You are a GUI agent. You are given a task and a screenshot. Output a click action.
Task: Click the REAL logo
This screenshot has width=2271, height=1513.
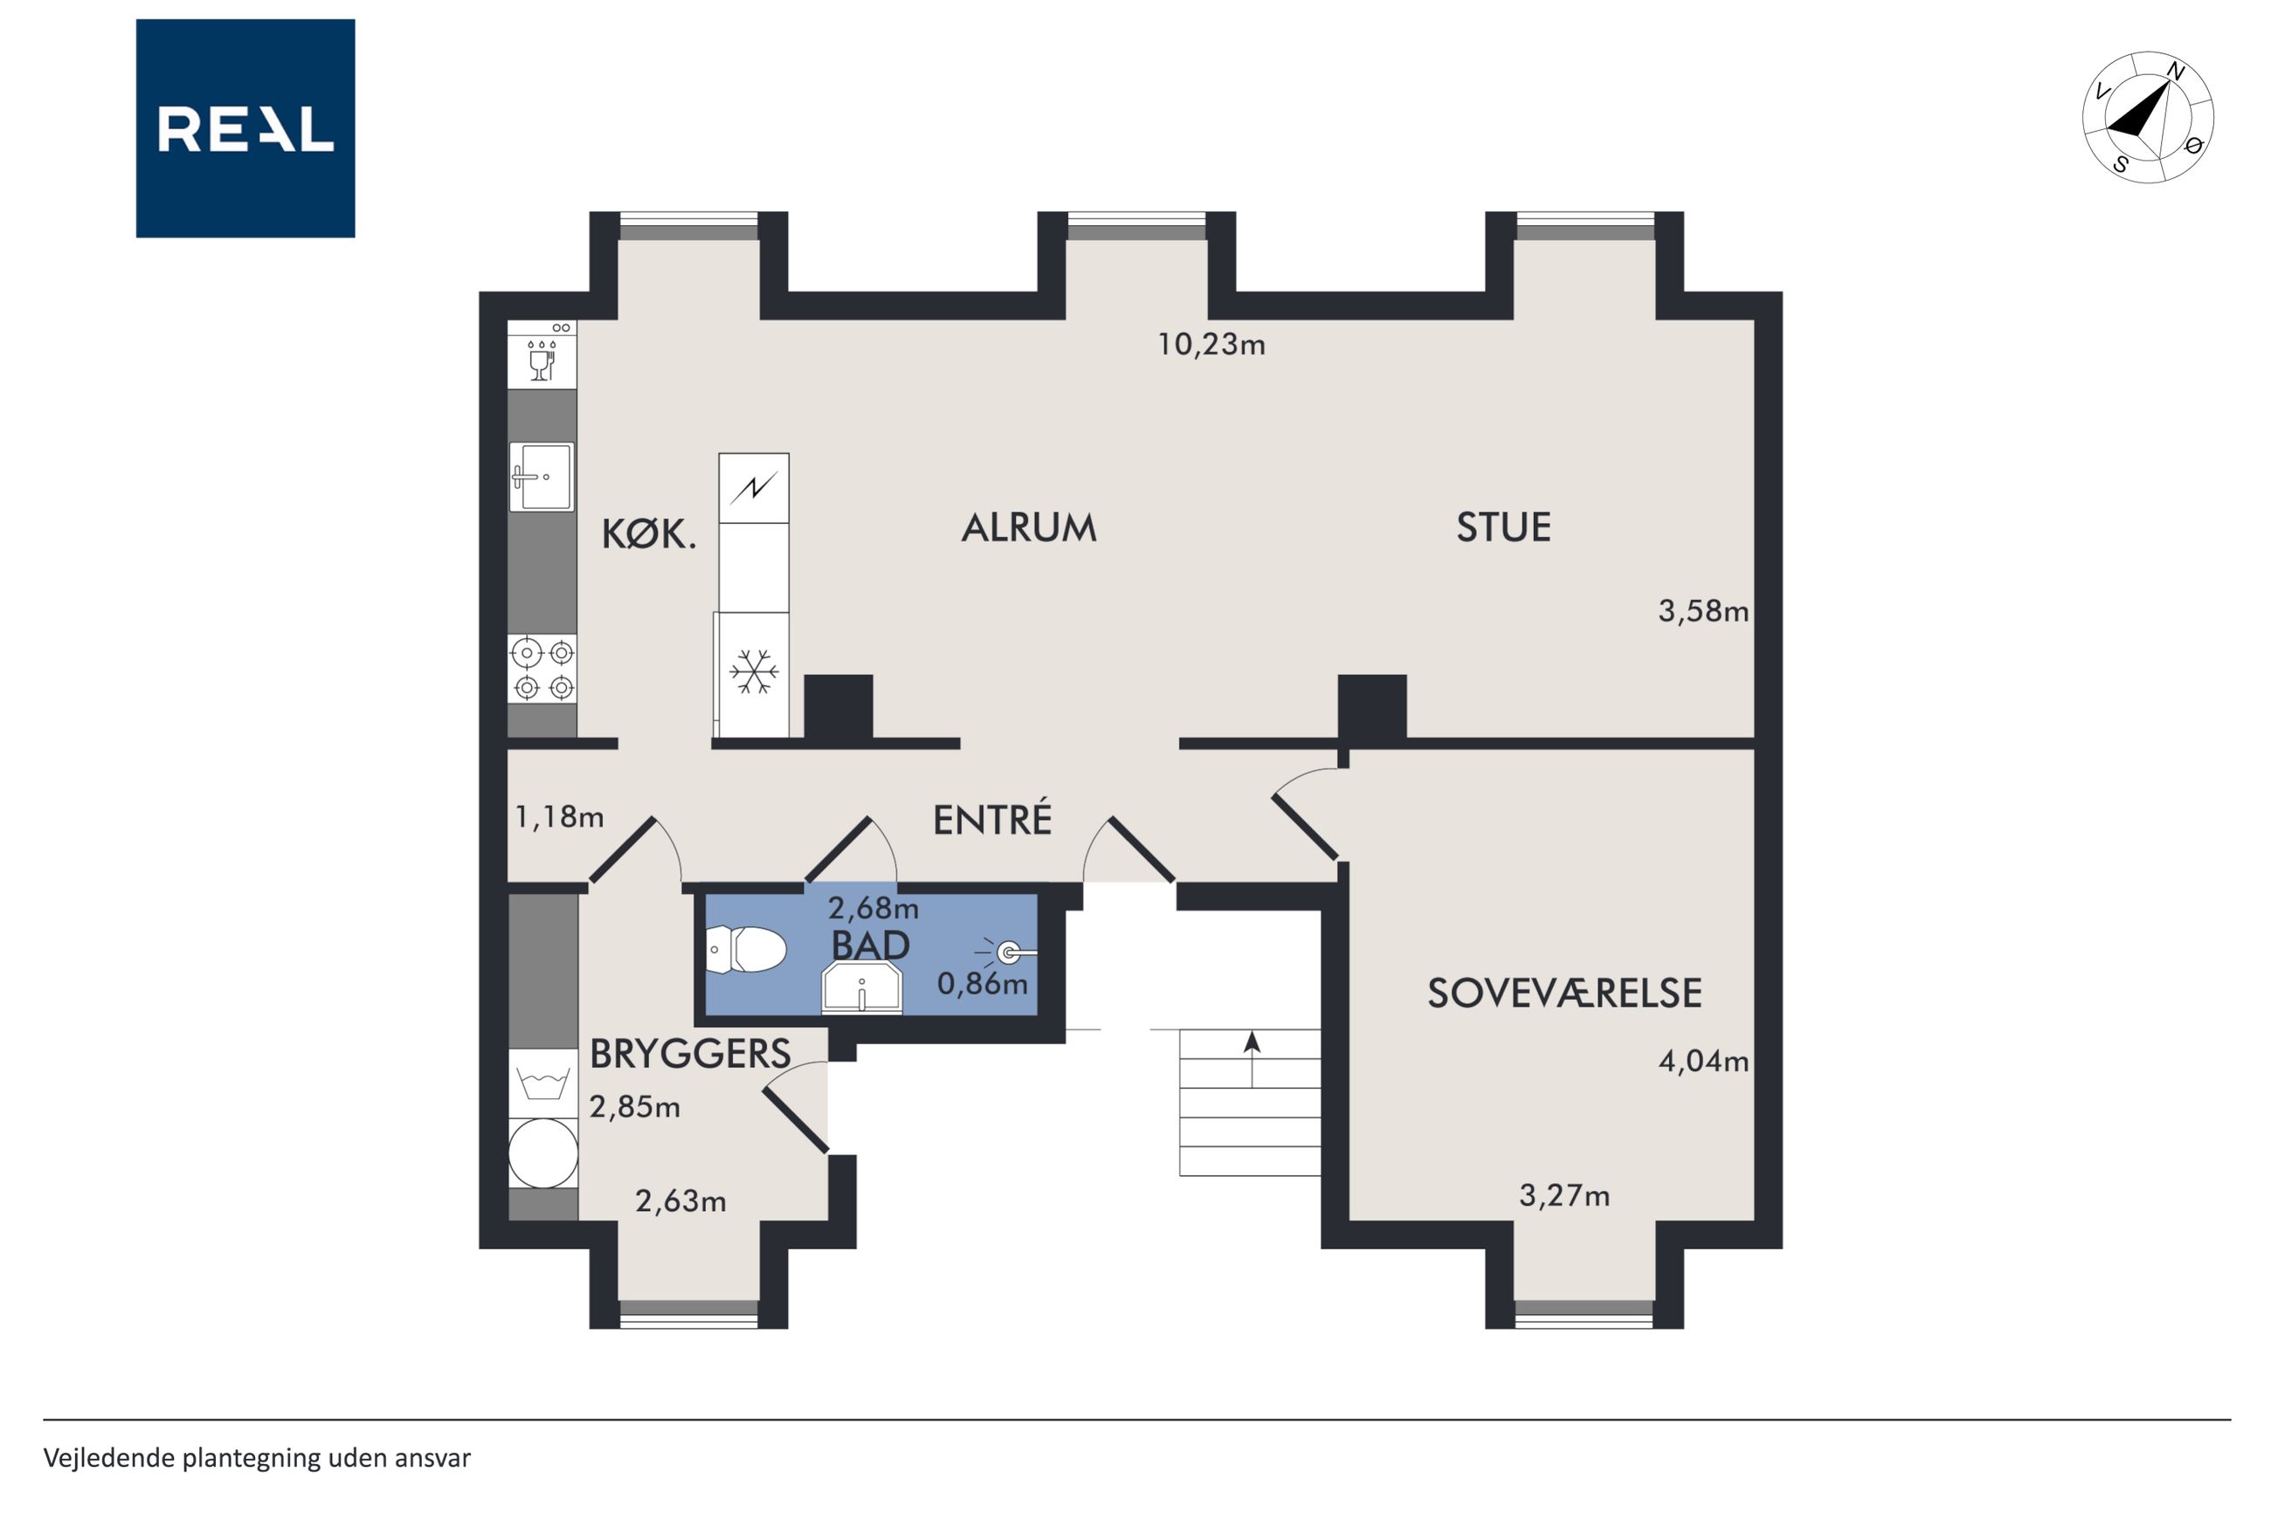coord(245,128)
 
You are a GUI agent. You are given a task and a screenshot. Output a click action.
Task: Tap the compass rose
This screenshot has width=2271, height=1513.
coord(2148,117)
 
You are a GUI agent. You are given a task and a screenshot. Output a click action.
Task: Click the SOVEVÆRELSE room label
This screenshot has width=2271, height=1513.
coord(1564,993)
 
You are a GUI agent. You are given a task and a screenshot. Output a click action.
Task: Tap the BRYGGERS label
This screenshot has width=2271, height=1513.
coord(690,1054)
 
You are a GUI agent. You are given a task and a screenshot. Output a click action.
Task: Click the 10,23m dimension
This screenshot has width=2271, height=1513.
coord(1211,345)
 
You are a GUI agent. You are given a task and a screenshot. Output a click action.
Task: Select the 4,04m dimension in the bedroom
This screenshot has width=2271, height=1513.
coord(1703,1062)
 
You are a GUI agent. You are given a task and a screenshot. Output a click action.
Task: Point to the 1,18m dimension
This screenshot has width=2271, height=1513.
coord(560,817)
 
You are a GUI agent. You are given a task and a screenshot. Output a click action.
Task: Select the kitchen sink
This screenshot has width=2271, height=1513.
coord(542,477)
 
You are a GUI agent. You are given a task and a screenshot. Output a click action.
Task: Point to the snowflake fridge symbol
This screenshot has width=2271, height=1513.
coord(754,671)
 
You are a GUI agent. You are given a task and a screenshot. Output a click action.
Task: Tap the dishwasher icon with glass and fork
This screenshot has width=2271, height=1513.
coord(542,355)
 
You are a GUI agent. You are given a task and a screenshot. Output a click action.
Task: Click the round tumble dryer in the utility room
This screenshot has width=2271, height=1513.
coord(542,1153)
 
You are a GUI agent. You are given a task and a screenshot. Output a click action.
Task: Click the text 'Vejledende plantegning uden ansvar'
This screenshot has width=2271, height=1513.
coord(257,1458)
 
